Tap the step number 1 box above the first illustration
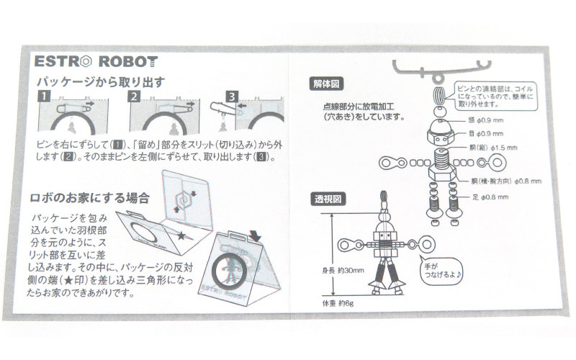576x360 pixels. (44, 96)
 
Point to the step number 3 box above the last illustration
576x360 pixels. (231, 96)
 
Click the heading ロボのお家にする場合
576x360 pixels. (90, 197)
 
